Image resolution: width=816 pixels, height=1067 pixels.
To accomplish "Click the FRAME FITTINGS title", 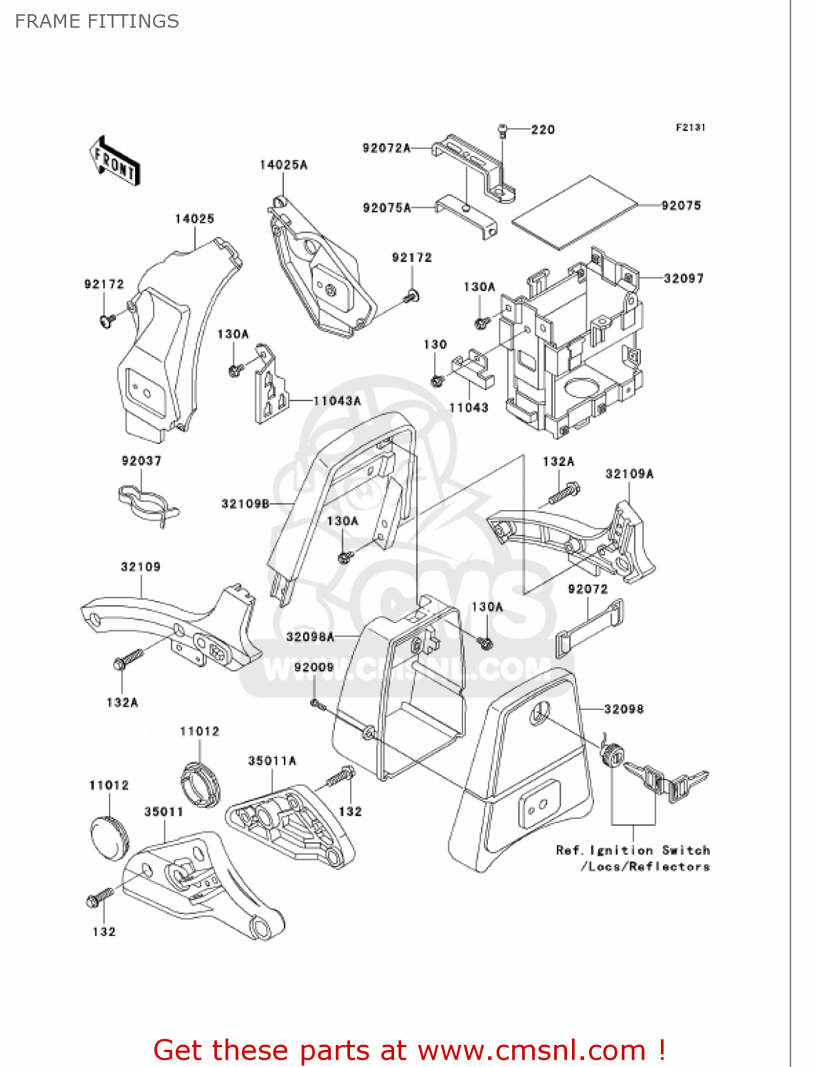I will point(97,21).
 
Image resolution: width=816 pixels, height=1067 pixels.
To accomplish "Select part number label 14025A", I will point(283,165).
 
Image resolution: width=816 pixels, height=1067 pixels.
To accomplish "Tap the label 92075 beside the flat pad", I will point(681,206).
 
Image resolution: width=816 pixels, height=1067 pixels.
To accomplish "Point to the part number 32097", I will point(683,278).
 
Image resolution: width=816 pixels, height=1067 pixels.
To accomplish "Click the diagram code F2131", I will point(690,127).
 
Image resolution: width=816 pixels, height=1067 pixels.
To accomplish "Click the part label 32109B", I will point(245,504).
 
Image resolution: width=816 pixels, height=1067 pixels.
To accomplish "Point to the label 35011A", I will point(272,761).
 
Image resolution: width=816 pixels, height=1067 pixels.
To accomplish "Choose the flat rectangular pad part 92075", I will point(575,212).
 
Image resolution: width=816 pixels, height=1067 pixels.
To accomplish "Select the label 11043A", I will point(337,401).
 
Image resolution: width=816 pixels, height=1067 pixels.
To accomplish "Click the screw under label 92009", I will point(317,704).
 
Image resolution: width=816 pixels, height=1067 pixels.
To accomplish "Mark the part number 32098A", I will point(310,637).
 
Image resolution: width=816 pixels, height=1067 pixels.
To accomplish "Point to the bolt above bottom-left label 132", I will point(99,898).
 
